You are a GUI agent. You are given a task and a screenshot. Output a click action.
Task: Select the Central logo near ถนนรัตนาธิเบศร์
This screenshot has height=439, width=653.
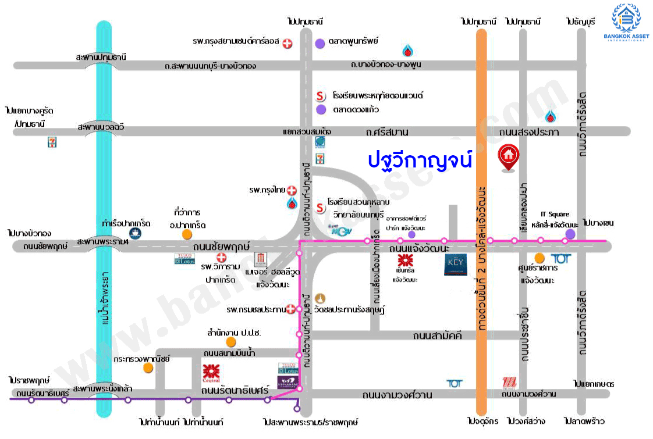pos(211,372)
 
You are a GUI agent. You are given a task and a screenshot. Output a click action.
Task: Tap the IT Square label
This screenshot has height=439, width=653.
pos(555,215)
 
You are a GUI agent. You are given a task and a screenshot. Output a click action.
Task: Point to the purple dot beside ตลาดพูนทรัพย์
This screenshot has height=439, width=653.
pos(320,43)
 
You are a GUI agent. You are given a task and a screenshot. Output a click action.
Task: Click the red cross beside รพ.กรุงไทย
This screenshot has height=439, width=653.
pos(292,191)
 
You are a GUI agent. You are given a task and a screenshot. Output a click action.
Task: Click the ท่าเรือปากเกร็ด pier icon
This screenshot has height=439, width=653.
pos(134,234)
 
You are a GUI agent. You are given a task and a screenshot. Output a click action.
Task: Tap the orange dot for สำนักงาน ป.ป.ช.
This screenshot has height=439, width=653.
pos(231,342)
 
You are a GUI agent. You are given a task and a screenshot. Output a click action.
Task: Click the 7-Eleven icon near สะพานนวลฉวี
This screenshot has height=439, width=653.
pos(52,142)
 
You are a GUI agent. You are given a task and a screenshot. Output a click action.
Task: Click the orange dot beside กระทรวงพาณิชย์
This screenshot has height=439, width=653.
pos(148,367)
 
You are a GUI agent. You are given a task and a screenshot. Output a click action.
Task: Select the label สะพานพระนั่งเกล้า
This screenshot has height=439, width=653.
pos(102,388)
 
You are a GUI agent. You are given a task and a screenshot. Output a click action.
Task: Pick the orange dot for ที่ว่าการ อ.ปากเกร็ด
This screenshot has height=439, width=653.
pos(187,234)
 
